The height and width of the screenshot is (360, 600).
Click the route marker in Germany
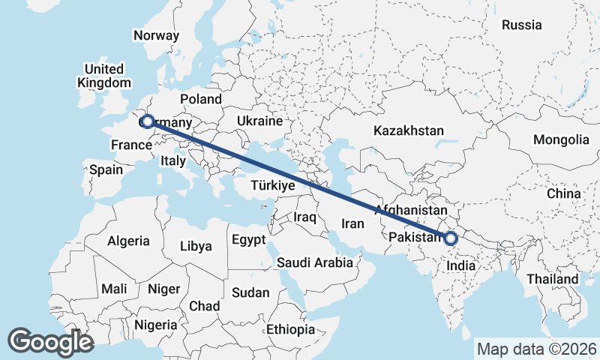point(147,121)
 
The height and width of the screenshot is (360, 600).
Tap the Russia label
point(521,25)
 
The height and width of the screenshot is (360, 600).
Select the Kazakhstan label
point(409,130)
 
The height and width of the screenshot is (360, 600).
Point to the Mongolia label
point(561,139)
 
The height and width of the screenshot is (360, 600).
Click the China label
point(563,193)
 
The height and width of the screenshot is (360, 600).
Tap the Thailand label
point(552,279)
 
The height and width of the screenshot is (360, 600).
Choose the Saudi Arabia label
point(314,262)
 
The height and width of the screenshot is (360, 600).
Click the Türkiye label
point(271,184)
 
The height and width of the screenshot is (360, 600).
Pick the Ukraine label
point(259,121)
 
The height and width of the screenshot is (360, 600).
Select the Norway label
point(156,35)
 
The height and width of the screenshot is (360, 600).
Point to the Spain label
point(106,169)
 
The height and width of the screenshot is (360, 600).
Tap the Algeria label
point(128,241)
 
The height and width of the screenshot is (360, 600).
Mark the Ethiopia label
point(290,329)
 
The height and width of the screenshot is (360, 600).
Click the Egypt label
point(249,241)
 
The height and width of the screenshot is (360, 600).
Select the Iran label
point(352,223)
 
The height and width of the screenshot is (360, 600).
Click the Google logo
point(50,342)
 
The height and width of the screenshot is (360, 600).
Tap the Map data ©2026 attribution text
point(537,349)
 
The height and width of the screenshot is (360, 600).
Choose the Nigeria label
point(156,325)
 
